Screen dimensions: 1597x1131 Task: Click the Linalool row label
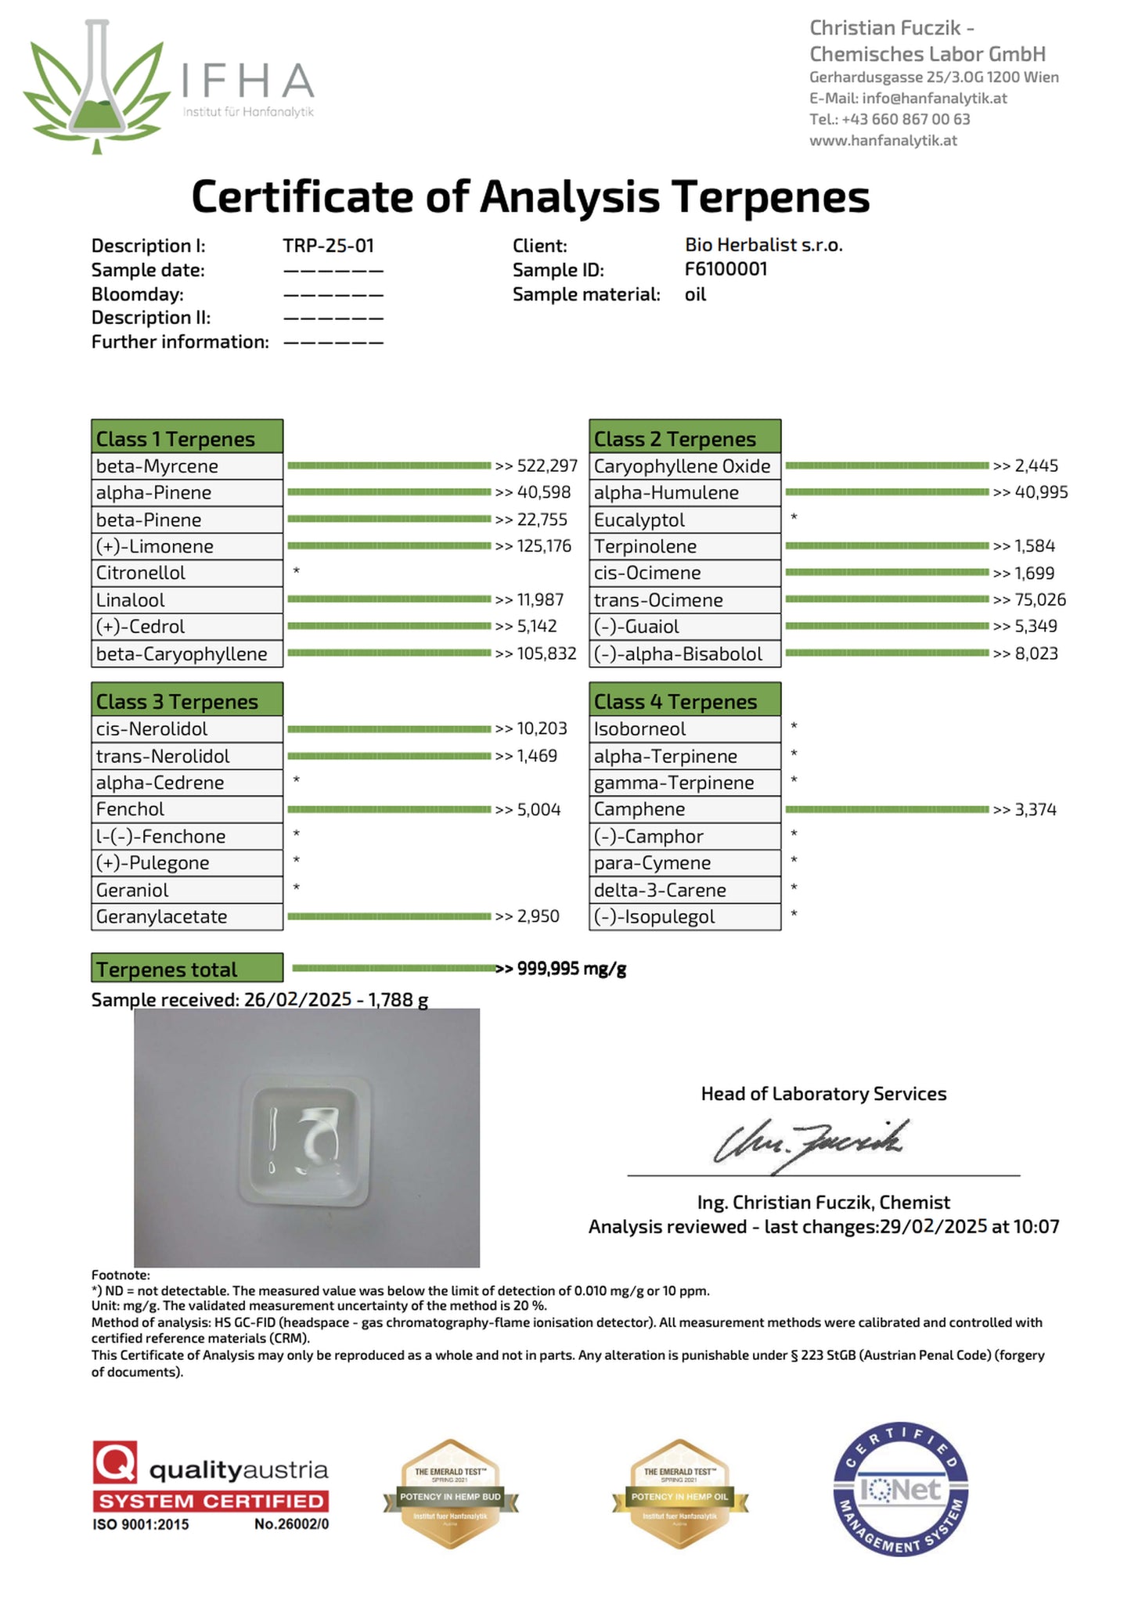(x=131, y=600)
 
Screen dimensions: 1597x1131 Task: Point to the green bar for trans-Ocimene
(x=886, y=599)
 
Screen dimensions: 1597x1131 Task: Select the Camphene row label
(x=639, y=809)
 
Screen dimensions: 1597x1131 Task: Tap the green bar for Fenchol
(x=389, y=809)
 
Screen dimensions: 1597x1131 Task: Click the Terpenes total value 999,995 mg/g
(x=571, y=969)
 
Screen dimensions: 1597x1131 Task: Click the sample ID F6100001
(x=726, y=269)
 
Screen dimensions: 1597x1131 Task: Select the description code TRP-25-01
(x=328, y=246)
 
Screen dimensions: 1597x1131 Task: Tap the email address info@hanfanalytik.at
(x=934, y=99)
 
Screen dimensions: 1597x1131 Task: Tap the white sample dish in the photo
(x=304, y=1139)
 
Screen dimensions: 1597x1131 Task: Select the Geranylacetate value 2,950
(x=538, y=916)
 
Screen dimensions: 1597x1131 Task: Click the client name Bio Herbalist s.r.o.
(x=763, y=245)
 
